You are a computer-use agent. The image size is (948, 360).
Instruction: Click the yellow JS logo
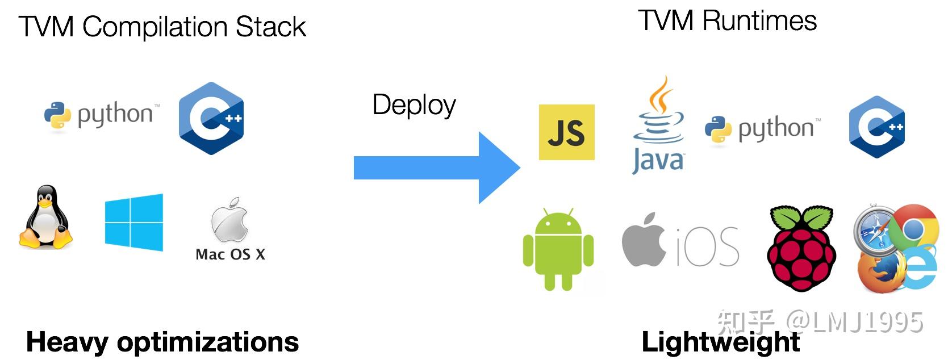(x=566, y=132)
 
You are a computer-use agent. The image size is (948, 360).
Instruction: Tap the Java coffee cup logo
(x=658, y=126)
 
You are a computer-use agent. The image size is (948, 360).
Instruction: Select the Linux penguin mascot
(x=46, y=217)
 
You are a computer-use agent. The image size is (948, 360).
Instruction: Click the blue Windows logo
(x=134, y=222)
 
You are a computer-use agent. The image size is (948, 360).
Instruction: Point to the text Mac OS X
(x=230, y=254)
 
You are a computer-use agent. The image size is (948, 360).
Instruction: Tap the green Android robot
(x=558, y=250)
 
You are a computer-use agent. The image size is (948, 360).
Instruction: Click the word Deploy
(x=414, y=105)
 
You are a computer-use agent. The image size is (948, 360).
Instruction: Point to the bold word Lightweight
(x=720, y=342)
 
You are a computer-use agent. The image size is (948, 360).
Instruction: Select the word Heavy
(x=66, y=342)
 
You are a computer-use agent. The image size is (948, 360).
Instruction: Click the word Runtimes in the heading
(x=759, y=21)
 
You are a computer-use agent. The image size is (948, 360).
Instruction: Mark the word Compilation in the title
(x=155, y=27)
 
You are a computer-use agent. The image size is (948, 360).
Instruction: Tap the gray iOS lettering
(x=708, y=248)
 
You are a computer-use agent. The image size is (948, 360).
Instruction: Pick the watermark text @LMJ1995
(x=855, y=322)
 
